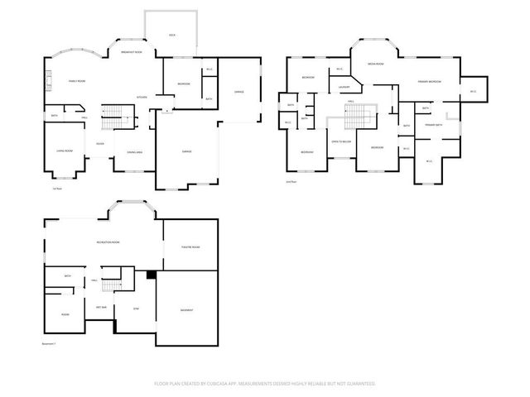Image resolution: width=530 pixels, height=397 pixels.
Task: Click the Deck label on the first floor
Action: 171,36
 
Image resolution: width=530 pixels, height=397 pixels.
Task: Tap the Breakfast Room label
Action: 132,52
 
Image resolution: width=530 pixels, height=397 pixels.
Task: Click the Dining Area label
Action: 134,151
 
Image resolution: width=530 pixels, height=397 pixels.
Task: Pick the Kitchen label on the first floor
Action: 142,98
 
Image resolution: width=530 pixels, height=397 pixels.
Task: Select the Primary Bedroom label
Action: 429,82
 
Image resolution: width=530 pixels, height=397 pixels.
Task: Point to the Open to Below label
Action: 340,141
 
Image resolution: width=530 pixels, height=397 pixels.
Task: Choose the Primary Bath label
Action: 434,125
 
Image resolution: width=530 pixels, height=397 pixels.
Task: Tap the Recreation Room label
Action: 108,242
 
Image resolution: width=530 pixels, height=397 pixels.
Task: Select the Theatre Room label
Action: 190,246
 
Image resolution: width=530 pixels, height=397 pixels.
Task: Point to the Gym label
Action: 137,309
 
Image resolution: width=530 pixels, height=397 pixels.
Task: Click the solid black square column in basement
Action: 151,275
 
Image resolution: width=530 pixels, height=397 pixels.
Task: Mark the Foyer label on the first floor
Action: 99,143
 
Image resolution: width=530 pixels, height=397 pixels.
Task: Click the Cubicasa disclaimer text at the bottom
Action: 265,384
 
